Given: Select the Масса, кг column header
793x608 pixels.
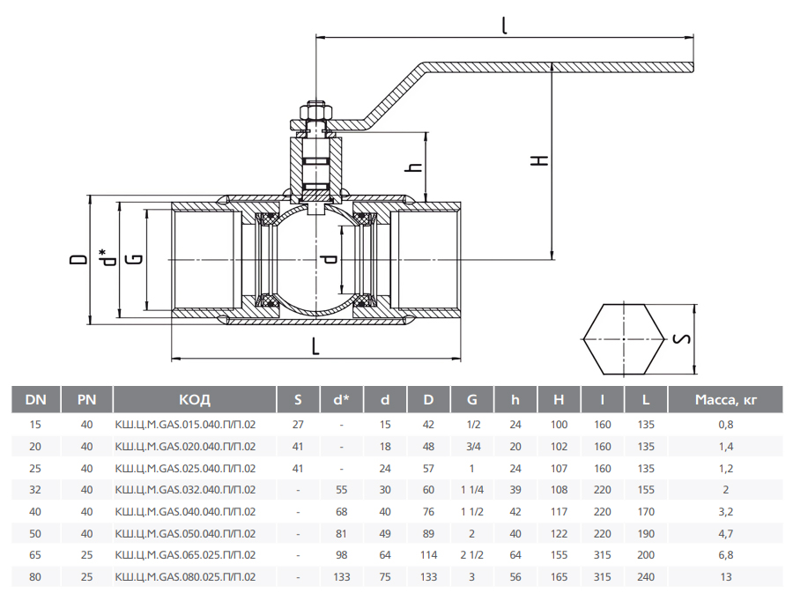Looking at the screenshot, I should [x=726, y=400].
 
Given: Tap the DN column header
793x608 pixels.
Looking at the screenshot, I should [x=35, y=400].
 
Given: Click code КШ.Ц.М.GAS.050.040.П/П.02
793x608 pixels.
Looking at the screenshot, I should [x=186, y=533].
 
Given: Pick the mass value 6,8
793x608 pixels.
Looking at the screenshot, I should [x=726, y=555].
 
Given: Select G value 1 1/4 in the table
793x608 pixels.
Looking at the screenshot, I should [x=472, y=489].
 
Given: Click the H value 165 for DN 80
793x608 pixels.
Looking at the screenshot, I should [x=559, y=577].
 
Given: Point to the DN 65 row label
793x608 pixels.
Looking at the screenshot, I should [x=35, y=555].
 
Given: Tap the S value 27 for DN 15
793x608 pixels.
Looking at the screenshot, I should [x=298, y=424].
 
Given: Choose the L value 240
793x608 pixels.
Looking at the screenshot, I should [x=646, y=577].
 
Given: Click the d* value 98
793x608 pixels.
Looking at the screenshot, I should [x=341, y=555].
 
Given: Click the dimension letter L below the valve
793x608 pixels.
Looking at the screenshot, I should [x=315, y=346].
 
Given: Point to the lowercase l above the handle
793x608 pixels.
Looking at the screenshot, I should [x=504, y=26].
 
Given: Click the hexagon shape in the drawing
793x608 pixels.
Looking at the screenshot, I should [x=624, y=339].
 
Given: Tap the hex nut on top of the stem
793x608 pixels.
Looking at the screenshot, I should [x=315, y=111].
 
